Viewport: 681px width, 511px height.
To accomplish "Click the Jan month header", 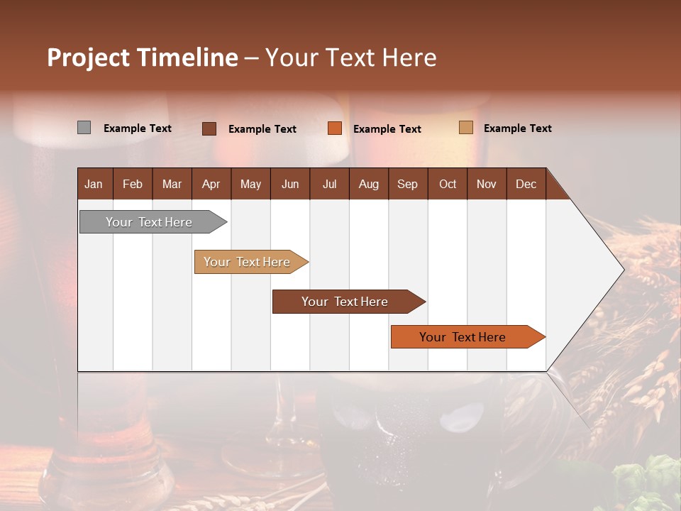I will pos(94,184).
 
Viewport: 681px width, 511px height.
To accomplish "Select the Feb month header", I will pos(133,184).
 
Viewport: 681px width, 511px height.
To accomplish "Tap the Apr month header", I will pos(211,184).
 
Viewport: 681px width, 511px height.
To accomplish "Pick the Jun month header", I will pos(290,184).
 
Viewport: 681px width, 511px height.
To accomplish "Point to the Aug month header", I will pos(368,184).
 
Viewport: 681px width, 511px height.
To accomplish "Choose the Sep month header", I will pos(407,184).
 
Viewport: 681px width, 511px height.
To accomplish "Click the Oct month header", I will pos(448,184).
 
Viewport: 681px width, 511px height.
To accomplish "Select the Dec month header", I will pos(526,184).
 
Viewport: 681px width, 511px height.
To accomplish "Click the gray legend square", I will pos(84,128).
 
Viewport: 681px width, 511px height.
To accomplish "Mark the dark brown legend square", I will pos(209,128).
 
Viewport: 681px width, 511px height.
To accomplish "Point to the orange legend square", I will pos(335,128).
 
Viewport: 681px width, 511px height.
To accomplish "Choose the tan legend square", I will pos(465,128).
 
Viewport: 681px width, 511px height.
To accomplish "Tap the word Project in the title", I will pos(87,57).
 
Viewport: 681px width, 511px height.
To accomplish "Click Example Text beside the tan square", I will pos(517,128).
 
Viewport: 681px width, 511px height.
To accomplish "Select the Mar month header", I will pos(172,184).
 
